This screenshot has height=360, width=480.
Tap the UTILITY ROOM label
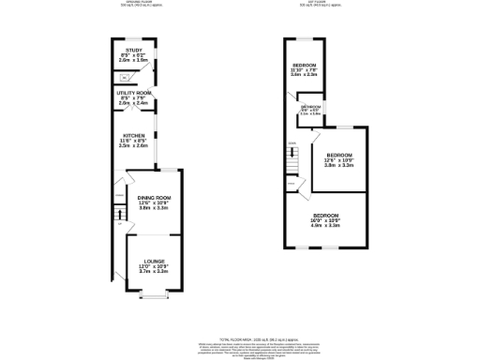click(133, 94)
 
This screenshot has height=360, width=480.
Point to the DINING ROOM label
click(153, 198)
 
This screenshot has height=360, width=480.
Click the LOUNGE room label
click(154, 261)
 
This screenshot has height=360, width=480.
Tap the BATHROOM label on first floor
click(310, 107)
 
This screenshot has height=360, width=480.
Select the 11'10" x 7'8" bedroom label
click(303, 65)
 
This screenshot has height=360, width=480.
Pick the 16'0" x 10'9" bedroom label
click(326, 215)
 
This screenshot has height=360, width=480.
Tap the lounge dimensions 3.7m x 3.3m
click(154, 271)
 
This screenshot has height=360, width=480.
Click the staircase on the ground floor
click(119, 215)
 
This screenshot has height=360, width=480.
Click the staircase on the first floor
click(292, 164)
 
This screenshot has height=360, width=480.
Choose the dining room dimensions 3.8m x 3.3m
click(153, 208)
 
